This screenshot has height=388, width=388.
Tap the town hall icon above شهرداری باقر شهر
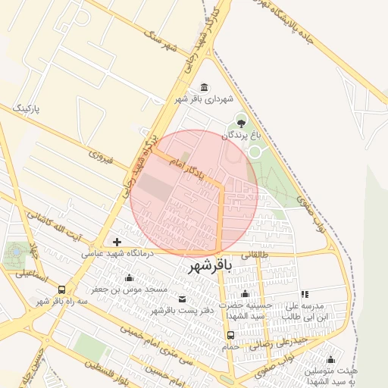pos(203,87)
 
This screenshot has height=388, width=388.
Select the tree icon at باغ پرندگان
pos(241,121)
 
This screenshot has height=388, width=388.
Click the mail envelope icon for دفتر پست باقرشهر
pos(181,299)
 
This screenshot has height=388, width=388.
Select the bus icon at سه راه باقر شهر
pos(61,289)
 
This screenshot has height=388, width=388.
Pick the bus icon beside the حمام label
pos(230,334)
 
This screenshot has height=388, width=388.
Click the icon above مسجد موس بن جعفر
pos(130,277)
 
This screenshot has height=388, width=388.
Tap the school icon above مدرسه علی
pos(305,293)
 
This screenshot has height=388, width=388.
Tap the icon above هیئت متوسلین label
pos(331,360)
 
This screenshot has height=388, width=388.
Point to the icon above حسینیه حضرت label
pos(244,293)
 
